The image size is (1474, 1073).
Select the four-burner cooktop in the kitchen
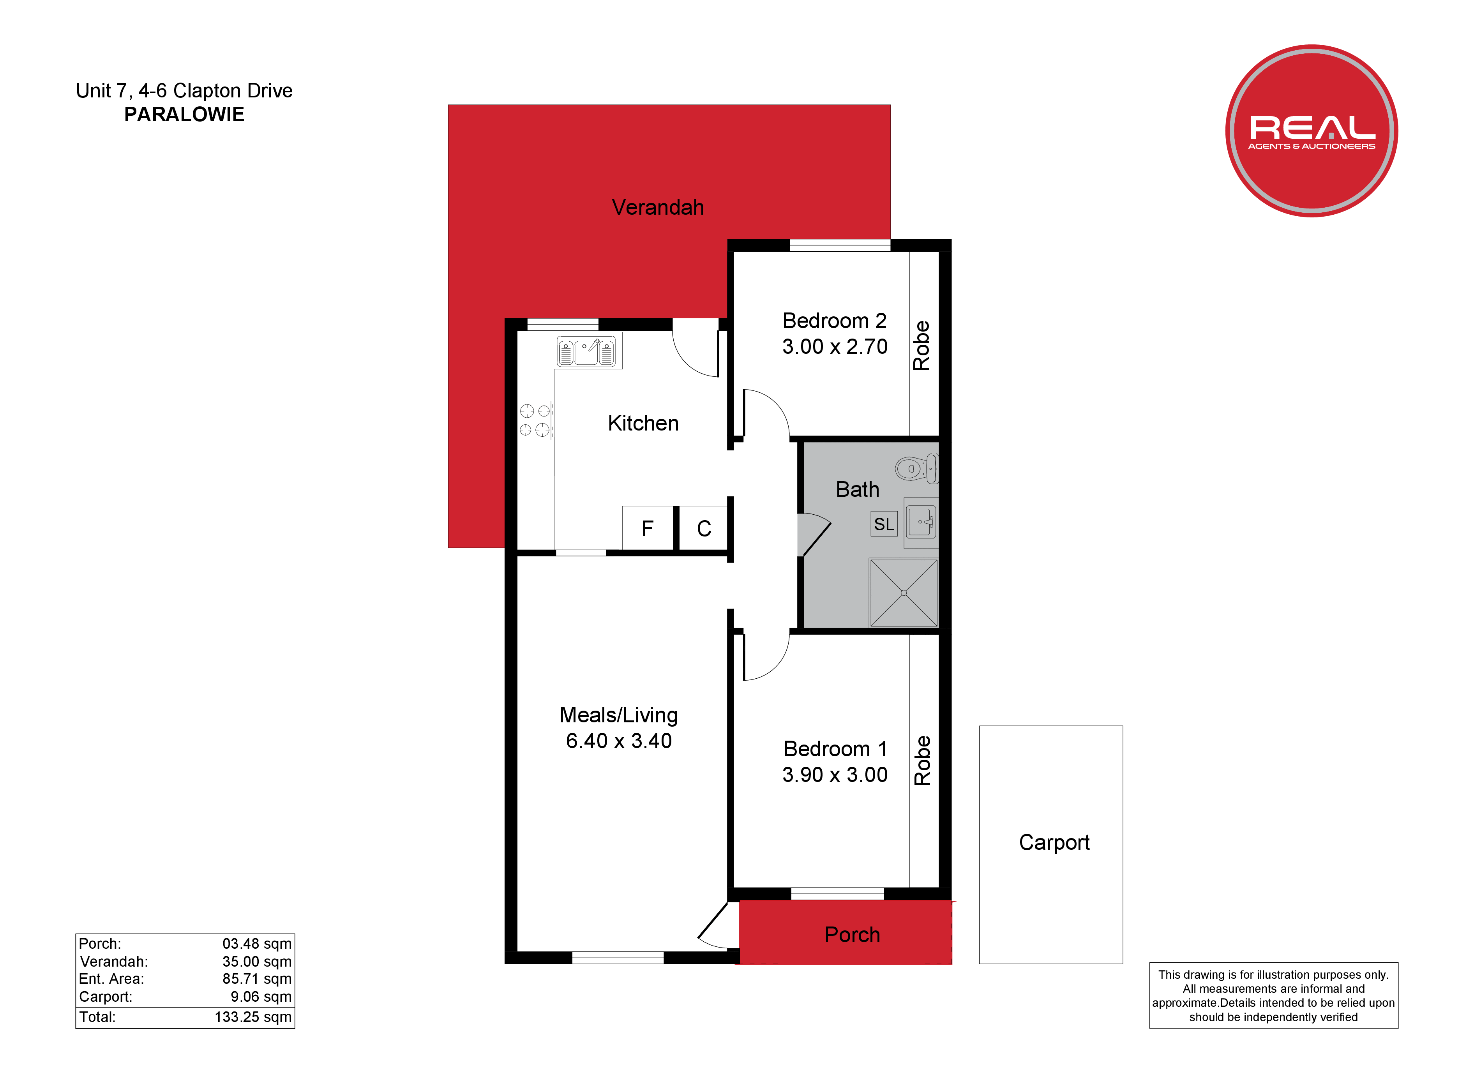[x=535, y=420]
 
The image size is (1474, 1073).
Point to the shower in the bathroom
[x=904, y=593]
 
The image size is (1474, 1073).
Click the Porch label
[x=852, y=935]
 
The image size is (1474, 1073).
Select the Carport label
[x=1054, y=843]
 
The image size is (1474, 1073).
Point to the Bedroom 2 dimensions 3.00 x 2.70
[x=835, y=346]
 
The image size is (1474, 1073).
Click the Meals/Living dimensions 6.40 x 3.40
[x=619, y=741]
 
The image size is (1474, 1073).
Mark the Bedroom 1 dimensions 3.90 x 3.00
[x=835, y=775]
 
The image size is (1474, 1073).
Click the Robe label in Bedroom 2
[x=921, y=345]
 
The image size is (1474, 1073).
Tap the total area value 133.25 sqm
[x=253, y=1017]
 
